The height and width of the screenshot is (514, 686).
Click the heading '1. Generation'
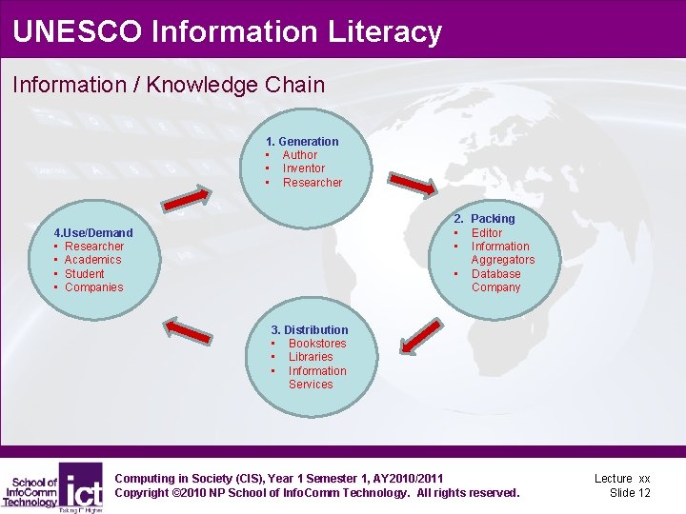click(x=302, y=141)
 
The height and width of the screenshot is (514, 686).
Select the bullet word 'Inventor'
click(x=303, y=168)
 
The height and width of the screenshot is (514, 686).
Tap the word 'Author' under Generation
click(x=299, y=155)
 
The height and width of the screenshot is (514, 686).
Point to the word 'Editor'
click(x=486, y=233)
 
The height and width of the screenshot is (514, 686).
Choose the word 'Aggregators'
click(x=502, y=260)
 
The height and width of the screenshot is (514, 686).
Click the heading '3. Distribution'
click(x=310, y=330)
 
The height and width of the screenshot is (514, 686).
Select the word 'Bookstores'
click(x=317, y=344)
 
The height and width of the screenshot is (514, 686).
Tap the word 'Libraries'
click(x=311, y=357)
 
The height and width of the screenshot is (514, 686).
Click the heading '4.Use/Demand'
click(x=92, y=233)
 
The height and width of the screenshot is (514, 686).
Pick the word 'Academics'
click(x=92, y=260)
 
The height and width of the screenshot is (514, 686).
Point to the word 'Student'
click(x=84, y=274)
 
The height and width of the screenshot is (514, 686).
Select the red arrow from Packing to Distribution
click(x=414, y=338)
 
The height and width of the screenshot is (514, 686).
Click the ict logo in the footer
click(x=81, y=486)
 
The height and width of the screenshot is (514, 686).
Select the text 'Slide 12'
click(x=630, y=493)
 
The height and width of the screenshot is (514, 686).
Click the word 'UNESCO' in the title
click(x=76, y=31)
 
